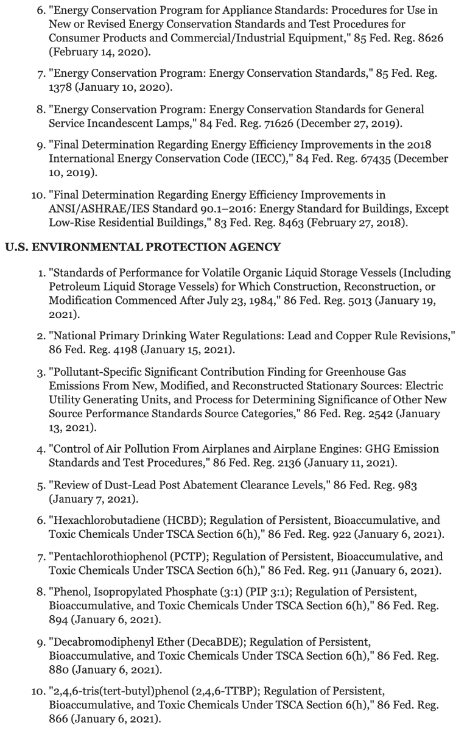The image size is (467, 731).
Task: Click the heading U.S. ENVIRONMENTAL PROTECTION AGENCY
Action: click(x=142, y=247)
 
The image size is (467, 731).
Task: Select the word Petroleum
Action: click(x=75, y=287)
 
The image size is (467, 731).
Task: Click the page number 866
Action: click(x=60, y=719)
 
